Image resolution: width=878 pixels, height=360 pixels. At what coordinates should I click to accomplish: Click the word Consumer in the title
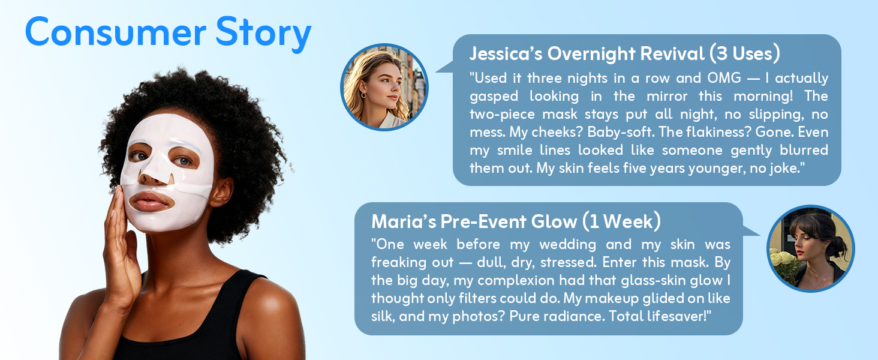[x=116, y=32]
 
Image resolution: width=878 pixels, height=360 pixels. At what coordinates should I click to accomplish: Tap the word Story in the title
[x=263, y=35]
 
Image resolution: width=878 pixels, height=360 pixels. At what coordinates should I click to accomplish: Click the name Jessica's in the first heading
[x=506, y=54]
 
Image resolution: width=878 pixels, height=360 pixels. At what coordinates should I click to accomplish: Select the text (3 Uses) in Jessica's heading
[x=744, y=54]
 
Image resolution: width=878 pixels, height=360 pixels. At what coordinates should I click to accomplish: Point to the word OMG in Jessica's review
[x=724, y=78]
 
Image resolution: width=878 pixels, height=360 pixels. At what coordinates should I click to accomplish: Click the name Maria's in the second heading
[x=404, y=221]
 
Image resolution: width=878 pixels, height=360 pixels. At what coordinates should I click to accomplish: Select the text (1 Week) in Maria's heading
[x=621, y=221]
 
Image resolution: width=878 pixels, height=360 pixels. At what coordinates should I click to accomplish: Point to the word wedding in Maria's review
[x=567, y=244]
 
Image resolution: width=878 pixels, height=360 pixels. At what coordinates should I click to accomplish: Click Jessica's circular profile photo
[x=384, y=87]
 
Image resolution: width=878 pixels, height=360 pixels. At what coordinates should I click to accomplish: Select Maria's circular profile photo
[x=810, y=248]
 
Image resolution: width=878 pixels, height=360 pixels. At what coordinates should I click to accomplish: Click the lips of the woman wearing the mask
[x=151, y=201]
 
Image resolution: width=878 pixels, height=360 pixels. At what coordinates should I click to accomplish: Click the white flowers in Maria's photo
[x=782, y=262]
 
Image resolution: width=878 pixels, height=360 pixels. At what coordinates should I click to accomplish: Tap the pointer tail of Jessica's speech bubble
[x=445, y=67]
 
